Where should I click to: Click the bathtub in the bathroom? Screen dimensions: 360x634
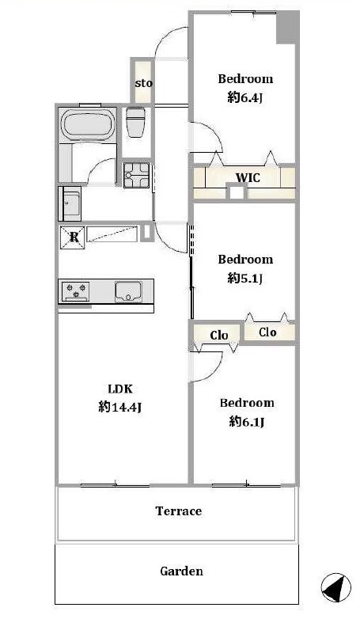click(x=88, y=124)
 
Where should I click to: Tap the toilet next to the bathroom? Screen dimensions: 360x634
click(x=136, y=122)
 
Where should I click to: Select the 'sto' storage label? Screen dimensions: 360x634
click(x=143, y=83)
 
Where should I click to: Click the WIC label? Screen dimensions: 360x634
click(x=248, y=178)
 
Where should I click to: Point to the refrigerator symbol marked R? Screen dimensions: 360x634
click(x=73, y=237)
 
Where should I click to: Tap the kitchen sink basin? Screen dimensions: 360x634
click(x=128, y=291)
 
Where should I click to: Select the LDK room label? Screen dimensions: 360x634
click(x=120, y=389)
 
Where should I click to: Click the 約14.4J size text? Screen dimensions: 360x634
click(x=119, y=407)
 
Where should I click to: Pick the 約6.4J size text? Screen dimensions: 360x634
click(x=245, y=97)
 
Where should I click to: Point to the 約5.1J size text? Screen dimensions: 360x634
click(x=245, y=278)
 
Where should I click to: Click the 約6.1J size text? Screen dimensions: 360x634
click(x=247, y=422)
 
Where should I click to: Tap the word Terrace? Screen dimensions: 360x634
click(x=179, y=511)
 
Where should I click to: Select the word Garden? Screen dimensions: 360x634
click(x=181, y=571)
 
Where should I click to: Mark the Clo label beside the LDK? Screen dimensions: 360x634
click(x=219, y=335)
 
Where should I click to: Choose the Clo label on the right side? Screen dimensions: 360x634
click(x=267, y=332)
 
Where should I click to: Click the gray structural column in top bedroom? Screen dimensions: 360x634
click(x=288, y=28)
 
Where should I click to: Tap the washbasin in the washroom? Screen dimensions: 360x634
click(x=71, y=203)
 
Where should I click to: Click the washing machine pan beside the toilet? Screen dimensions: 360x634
click(x=136, y=175)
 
